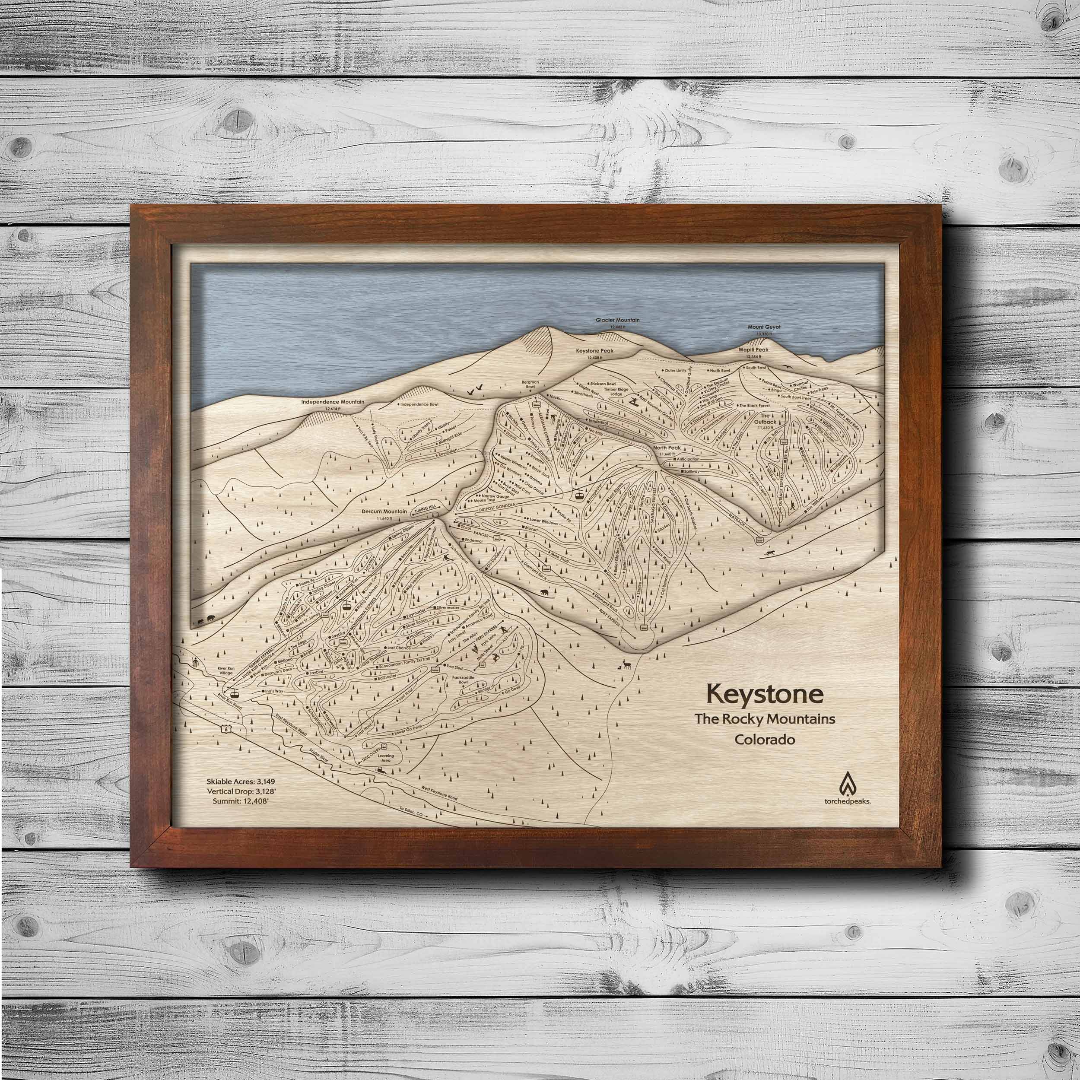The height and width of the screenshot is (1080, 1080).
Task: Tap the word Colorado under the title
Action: click(x=765, y=740)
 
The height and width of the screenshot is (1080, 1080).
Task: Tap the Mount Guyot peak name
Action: click(x=764, y=327)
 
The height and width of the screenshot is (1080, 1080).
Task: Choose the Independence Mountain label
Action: click(x=333, y=402)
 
